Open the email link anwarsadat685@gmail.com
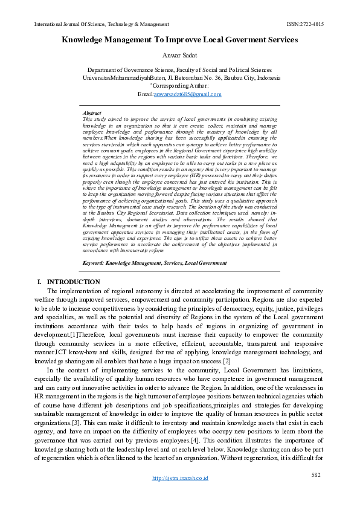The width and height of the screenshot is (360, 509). (187, 94)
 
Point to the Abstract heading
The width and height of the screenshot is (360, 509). (91, 113)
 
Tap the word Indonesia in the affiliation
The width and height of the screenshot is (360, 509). (268, 79)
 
